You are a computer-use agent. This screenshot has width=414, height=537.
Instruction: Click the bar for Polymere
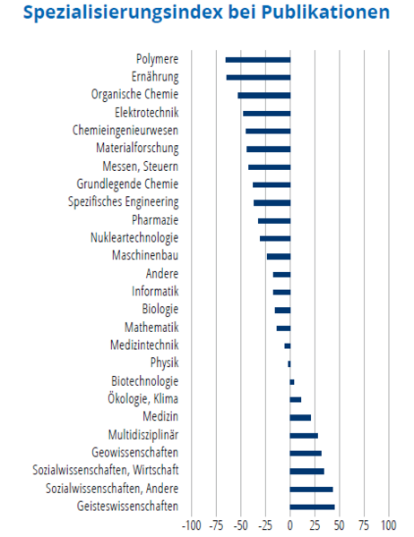coord(258,60)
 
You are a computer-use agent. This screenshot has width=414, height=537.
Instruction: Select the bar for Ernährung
coord(258,78)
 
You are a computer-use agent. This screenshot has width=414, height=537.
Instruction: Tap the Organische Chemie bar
coord(264,96)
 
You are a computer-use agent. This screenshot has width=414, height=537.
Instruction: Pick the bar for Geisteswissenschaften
coord(312,507)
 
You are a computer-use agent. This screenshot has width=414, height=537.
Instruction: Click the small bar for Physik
coord(289,364)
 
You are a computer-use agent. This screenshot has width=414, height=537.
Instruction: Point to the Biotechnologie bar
coord(292,382)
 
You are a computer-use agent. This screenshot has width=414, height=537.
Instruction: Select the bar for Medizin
coord(300,418)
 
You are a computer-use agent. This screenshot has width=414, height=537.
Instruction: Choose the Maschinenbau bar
coord(279,257)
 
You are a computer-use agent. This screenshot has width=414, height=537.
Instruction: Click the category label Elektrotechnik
coord(146,113)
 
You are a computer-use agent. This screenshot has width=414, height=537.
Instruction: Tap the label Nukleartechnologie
coord(134,238)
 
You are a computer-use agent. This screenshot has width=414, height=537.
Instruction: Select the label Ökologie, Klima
coord(143,398)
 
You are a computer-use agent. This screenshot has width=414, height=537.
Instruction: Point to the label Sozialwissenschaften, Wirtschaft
coord(106,470)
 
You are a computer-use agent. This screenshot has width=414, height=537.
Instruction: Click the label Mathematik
coord(151,327)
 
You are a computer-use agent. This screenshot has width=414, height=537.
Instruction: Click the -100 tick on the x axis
coord(192,525)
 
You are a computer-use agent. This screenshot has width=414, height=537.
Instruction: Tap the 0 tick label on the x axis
coord(290,525)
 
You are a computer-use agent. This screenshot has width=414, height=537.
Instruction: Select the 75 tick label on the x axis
coord(364,525)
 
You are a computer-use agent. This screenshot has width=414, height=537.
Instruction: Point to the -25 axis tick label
coord(265,525)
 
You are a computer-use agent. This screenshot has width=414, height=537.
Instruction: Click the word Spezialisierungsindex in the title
coord(123,13)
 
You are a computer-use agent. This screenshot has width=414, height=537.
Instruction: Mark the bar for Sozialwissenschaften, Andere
coord(312,490)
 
